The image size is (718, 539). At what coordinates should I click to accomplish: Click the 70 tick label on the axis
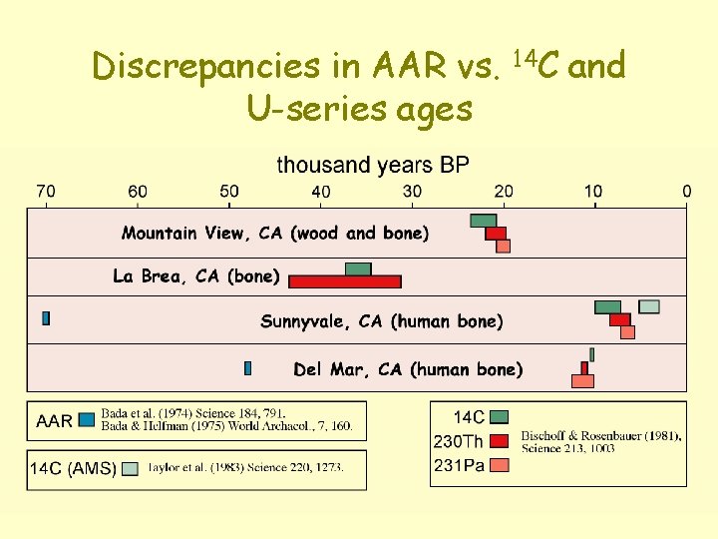[x=46, y=191]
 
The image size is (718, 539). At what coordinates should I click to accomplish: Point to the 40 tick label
[x=321, y=191]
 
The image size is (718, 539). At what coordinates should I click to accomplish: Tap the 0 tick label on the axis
[x=686, y=191]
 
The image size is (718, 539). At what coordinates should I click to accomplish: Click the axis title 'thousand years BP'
[x=372, y=165]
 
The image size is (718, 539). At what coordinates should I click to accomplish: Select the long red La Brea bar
[x=345, y=281]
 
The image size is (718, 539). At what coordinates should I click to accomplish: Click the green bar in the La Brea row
[x=358, y=269]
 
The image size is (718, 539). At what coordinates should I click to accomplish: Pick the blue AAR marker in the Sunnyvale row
[x=46, y=318]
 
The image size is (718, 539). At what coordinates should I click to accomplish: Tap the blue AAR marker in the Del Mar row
[x=247, y=368]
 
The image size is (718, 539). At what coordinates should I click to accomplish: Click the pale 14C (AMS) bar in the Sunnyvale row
[x=649, y=306]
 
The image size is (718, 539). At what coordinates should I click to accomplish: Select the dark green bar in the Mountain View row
[x=484, y=220]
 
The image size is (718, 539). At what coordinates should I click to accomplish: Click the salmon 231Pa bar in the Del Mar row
[x=582, y=381]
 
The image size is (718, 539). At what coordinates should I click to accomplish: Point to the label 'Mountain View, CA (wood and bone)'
[x=275, y=234]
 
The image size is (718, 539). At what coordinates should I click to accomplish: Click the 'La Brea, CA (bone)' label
[x=196, y=276]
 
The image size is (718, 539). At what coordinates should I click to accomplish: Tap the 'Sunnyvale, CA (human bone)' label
[x=382, y=321]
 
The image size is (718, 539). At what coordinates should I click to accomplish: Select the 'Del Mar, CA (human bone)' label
[x=408, y=369]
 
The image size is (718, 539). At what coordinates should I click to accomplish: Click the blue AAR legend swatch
[x=87, y=420]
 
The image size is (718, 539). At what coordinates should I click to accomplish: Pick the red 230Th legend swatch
[x=501, y=440]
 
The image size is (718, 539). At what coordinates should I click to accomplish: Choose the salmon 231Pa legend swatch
[x=501, y=464]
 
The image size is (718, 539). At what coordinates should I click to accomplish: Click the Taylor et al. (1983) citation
[x=245, y=468]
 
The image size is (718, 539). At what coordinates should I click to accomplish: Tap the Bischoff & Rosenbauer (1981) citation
[x=601, y=441]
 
